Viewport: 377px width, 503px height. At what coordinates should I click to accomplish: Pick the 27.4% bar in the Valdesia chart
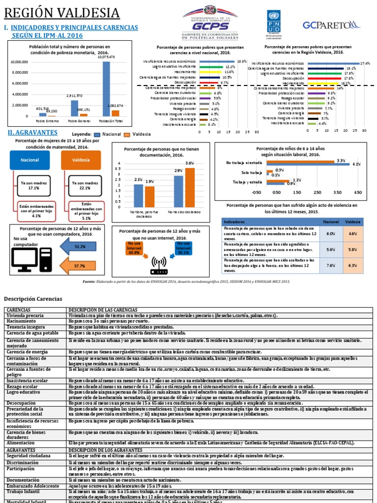[x=333, y=63]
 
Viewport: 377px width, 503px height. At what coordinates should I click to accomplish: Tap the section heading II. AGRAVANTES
[x=33, y=132]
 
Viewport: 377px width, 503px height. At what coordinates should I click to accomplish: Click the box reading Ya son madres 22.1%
[x=85, y=185]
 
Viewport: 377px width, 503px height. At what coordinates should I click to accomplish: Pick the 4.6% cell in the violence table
[x=352, y=234]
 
